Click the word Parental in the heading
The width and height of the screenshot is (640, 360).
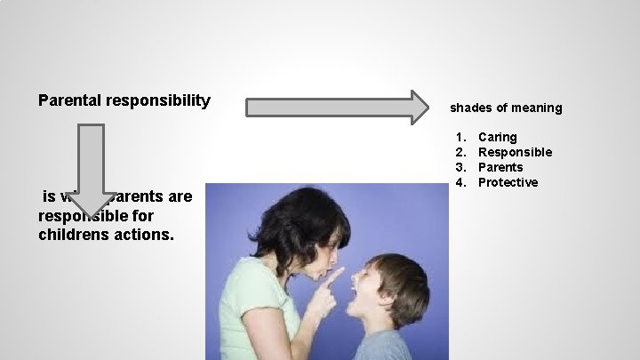[x=70, y=100]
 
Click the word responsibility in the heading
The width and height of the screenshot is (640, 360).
[x=158, y=100]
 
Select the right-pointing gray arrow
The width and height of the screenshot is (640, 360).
[x=336, y=107]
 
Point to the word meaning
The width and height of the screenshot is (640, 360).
[x=536, y=108]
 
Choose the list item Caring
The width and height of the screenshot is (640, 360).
[x=497, y=137]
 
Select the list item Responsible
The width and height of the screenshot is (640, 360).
[x=515, y=152]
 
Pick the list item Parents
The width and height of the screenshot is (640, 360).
[x=500, y=167]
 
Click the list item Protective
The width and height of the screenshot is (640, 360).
[x=508, y=182]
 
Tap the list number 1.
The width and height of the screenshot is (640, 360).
[x=460, y=137]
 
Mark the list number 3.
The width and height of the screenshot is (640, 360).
[x=460, y=167]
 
